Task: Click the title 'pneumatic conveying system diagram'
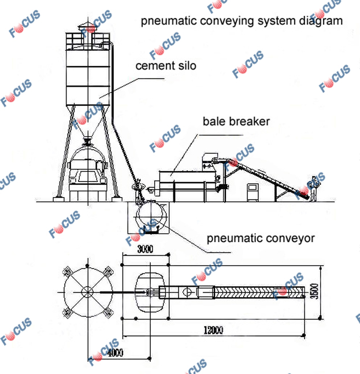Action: point(242,21)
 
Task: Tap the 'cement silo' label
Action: point(166,66)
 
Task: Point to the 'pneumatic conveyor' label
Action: point(261,238)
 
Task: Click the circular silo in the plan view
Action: point(87,292)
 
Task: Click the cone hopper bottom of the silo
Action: point(87,122)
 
